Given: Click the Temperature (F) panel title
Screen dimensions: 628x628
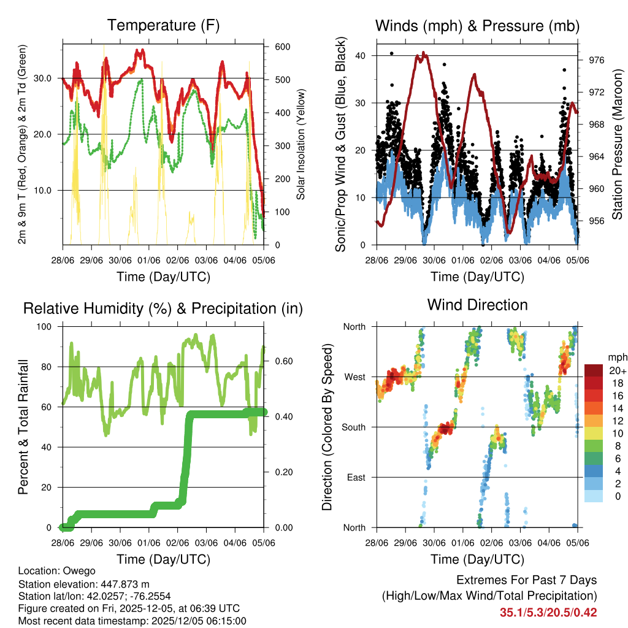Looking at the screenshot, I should click(163, 26).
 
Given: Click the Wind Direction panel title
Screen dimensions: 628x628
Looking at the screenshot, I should click(477, 305).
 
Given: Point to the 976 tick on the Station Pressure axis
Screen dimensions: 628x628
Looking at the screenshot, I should click(597, 60).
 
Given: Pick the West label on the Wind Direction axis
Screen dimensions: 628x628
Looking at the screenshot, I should click(354, 377).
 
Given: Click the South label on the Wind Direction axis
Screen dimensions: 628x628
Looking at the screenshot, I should click(353, 427).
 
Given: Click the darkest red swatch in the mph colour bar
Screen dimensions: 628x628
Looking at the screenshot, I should click(593, 371).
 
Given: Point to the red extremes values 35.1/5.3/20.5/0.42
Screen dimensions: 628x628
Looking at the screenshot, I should click(548, 612).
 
